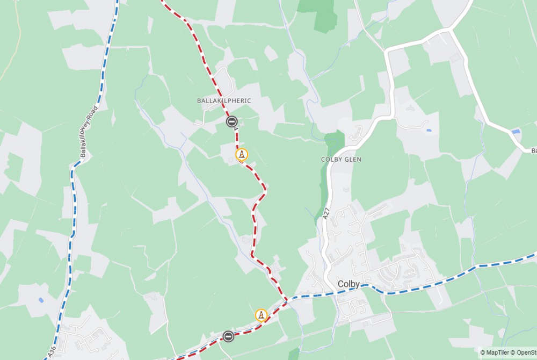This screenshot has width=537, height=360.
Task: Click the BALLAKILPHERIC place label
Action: [x=224, y=100]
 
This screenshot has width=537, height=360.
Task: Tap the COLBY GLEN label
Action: [x=341, y=160]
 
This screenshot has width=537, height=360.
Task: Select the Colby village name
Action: [x=348, y=284]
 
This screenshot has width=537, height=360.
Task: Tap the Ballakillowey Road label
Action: [x=89, y=131]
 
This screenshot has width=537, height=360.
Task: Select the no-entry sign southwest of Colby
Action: [x=228, y=336]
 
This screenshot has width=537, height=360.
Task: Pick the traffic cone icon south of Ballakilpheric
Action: [x=242, y=155]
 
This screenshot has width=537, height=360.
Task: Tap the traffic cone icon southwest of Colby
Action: [x=262, y=315]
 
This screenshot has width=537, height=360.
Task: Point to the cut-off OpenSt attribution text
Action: [x=527, y=352]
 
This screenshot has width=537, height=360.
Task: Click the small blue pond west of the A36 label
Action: [x=41, y=300]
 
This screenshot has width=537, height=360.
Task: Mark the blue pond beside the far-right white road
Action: [x=516, y=131]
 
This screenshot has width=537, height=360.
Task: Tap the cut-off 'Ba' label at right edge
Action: [x=534, y=150]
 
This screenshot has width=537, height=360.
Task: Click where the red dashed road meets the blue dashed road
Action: [x=286, y=298]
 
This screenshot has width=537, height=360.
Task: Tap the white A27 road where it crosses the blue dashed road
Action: [x=333, y=293]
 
